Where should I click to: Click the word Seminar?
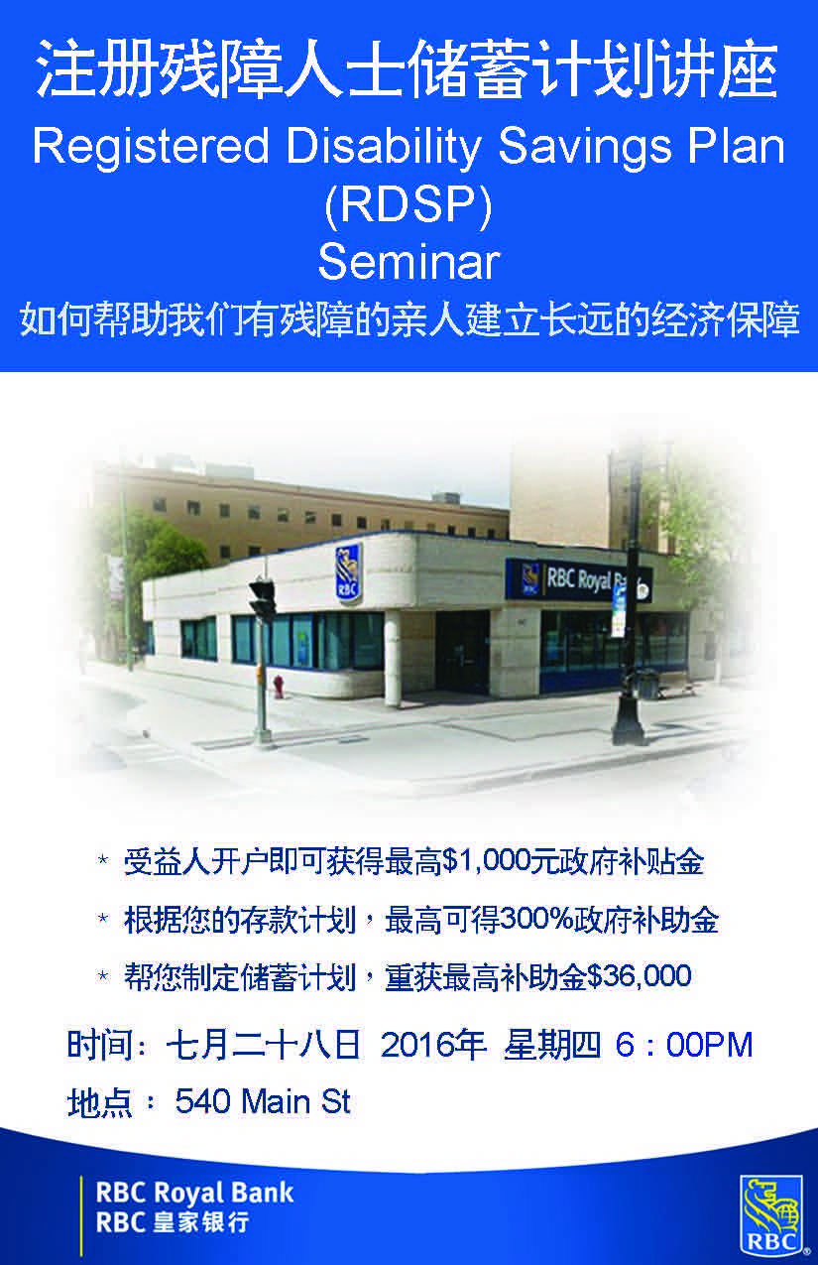point(409,262)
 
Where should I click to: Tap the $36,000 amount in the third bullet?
point(640,975)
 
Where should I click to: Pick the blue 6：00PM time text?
point(684,1045)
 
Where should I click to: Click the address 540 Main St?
point(263,1102)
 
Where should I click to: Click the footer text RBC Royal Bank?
point(194,1193)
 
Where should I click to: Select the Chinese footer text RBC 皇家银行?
point(173,1222)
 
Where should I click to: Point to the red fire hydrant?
point(279,687)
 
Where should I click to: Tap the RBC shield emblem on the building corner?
point(348,572)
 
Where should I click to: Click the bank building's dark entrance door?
point(462,652)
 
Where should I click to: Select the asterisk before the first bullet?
point(103,860)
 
